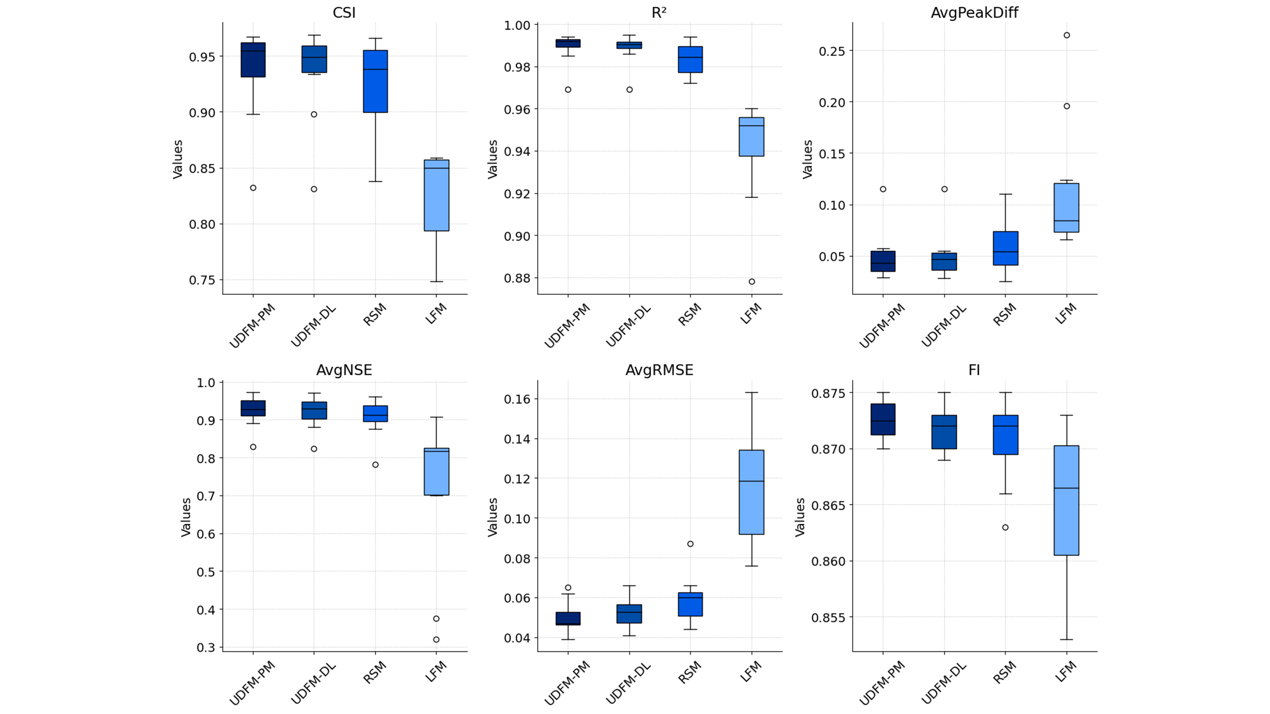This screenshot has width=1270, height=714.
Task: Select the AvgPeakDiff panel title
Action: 974,13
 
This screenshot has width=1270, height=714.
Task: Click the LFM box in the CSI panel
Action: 436,195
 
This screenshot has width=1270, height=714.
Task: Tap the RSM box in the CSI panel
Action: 375,81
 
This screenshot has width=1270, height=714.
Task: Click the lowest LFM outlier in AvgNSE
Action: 436,640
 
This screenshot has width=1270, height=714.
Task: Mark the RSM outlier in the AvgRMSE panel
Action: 690,544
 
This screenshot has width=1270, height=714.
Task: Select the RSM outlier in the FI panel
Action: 1005,527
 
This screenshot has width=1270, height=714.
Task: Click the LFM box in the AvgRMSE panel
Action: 751,492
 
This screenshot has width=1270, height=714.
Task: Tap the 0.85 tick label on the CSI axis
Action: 202,169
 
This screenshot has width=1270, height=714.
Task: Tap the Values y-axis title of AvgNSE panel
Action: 186,517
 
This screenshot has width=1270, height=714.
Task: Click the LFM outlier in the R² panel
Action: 751,282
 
